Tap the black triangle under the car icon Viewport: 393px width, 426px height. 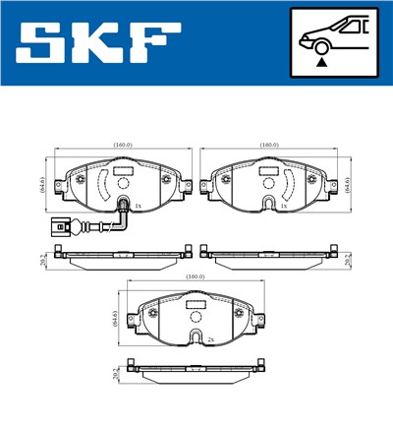[x=321, y=62]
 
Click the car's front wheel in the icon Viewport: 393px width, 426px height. [x=321, y=45]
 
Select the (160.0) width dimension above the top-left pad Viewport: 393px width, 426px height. [x=121, y=146]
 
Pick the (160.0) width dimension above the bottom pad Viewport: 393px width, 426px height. [x=196, y=277]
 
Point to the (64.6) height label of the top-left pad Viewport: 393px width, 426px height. [x=44, y=183]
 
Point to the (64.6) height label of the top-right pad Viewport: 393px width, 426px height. [x=351, y=183]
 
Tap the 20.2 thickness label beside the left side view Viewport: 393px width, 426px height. [x=44, y=259]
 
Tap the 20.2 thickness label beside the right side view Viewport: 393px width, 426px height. [x=351, y=259]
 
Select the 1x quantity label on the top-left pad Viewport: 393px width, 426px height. [x=139, y=207]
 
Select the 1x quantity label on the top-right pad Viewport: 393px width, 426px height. [x=283, y=207]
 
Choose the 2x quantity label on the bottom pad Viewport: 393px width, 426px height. [x=210, y=338]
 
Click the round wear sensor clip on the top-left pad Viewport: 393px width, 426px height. [x=122, y=205]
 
